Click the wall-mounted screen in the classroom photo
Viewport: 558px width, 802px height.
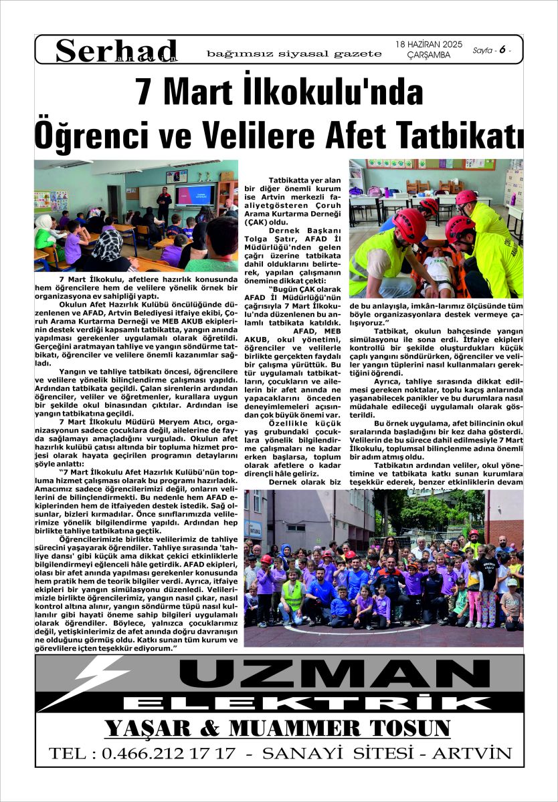click(194, 194)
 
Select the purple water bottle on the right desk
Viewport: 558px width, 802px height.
click(513, 199)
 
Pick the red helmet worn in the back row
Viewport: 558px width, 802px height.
click(474, 534)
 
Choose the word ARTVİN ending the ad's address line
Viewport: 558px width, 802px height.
click(471, 754)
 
